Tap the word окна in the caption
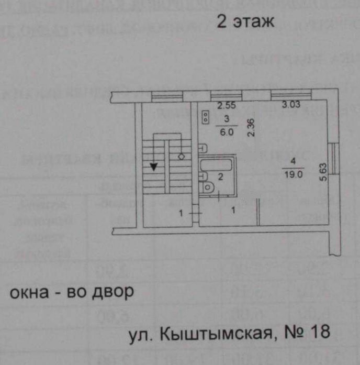32,292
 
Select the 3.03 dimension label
292,105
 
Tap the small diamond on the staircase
182,156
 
